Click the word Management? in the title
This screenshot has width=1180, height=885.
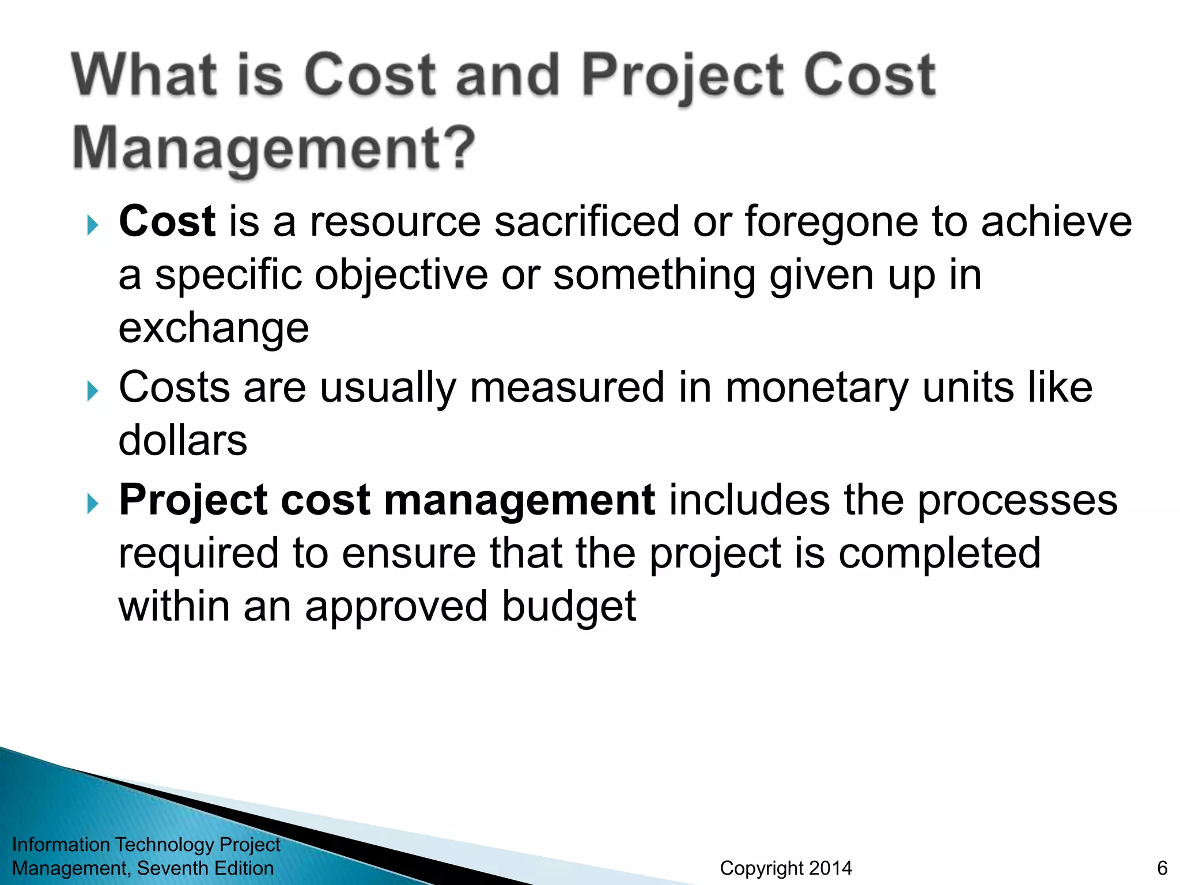(274, 149)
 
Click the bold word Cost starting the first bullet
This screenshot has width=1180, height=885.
(167, 221)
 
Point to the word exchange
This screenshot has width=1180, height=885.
(214, 328)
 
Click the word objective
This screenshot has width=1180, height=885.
(401, 275)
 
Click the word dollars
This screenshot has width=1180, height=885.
(183, 440)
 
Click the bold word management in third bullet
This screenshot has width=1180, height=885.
(519, 500)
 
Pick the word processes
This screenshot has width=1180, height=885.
(1017, 500)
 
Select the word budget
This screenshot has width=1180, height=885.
(568, 606)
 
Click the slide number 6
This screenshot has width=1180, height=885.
(1162, 868)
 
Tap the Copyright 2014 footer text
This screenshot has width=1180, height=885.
(785, 868)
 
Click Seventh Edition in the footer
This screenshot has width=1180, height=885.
(205, 868)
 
